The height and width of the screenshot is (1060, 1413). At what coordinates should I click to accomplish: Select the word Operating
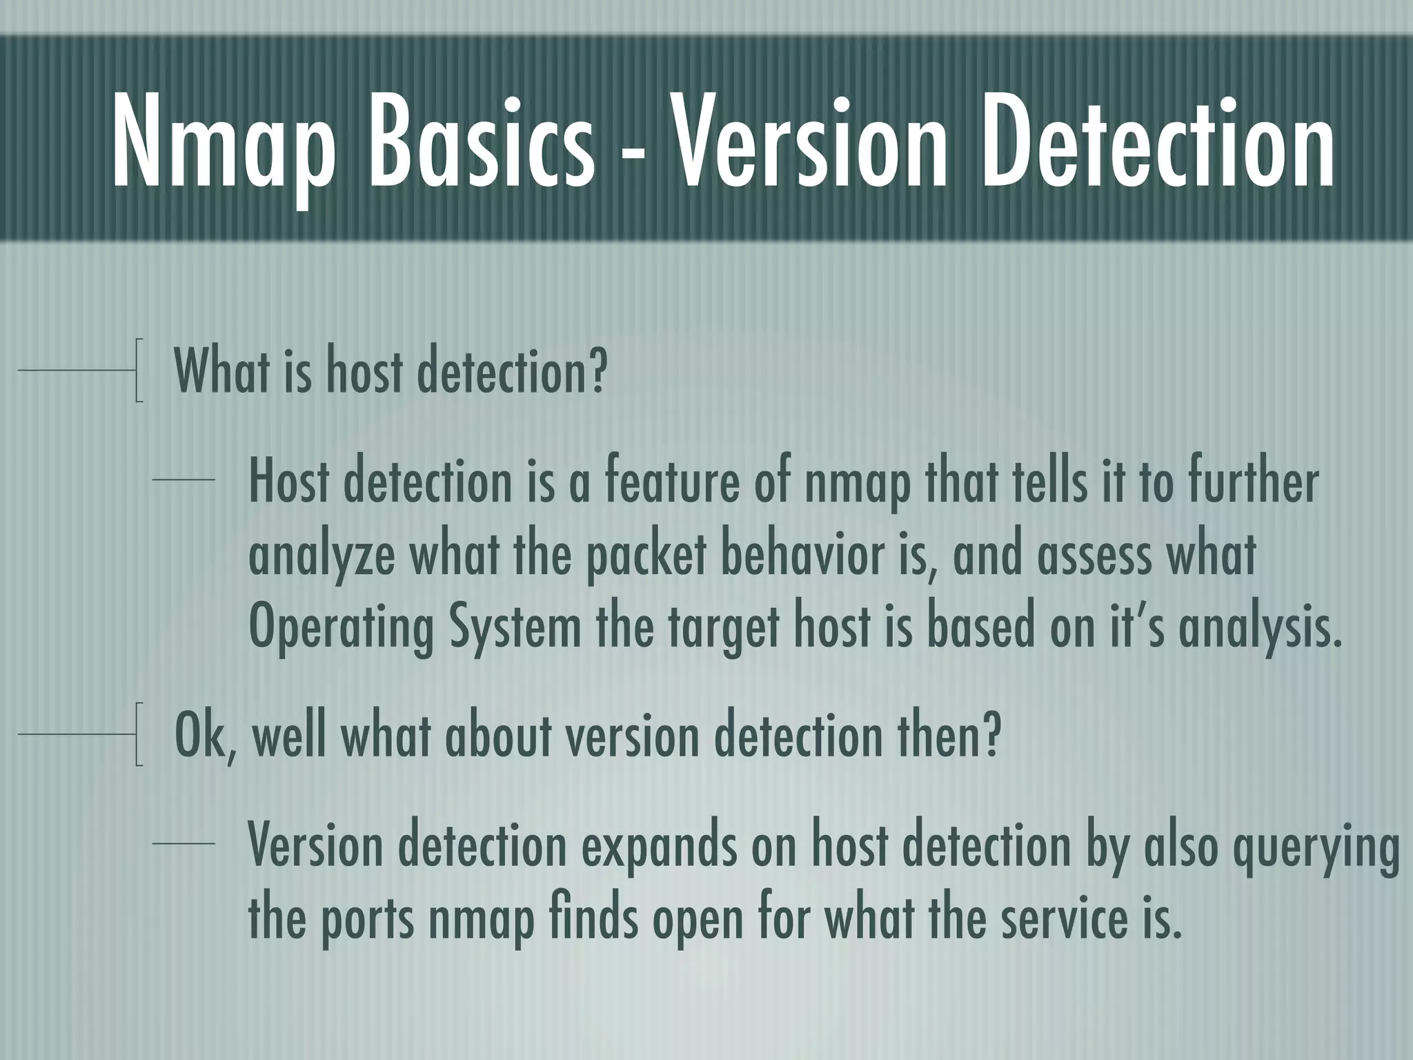pos(341,629)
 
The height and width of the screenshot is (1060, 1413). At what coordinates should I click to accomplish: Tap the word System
pos(515,629)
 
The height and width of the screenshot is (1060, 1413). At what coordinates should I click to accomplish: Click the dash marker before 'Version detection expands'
pos(184,843)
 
